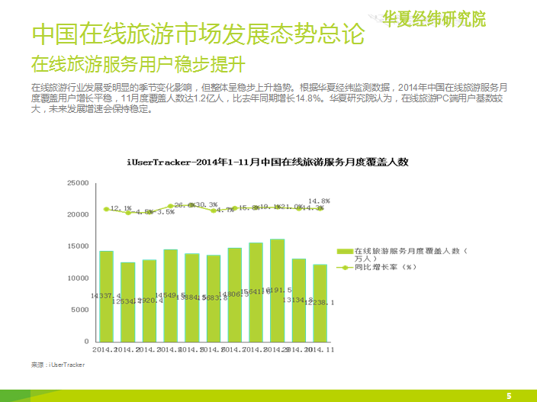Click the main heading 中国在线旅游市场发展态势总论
[197, 34]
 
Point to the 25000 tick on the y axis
[78, 183]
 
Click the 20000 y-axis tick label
[78, 215]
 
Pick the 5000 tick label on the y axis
[80, 310]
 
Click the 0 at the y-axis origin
[88, 341]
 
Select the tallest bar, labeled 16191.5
[277, 290]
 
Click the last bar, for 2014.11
[320, 303]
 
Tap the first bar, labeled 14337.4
[106, 295]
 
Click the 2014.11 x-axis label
[320, 349]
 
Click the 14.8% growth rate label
[320, 201]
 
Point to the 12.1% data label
[121, 207]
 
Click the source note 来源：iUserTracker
[58, 365]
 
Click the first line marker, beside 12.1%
[107, 209]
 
